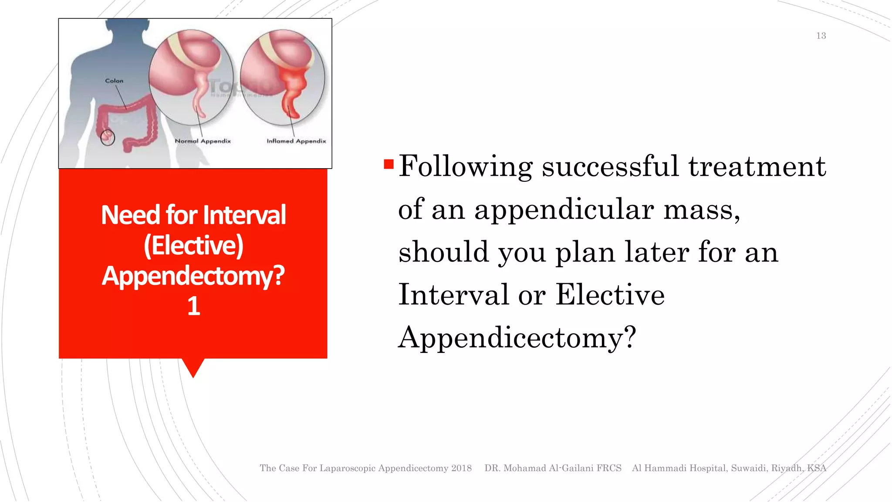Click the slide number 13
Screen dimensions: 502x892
click(x=821, y=36)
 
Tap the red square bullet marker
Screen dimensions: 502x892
click(x=389, y=164)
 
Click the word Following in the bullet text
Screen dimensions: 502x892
click(x=465, y=166)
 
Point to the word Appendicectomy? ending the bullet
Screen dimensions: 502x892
click(x=517, y=338)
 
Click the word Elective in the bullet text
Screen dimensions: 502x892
click(x=610, y=295)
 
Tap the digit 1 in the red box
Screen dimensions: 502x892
click(x=193, y=306)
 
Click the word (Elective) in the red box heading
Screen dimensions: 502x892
click(x=193, y=245)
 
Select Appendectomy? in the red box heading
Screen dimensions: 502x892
click(x=193, y=276)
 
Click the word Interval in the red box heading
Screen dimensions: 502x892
click(x=244, y=215)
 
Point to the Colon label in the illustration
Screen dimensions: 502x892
click(x=114, y=81)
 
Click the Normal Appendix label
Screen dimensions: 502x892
click(x=203, y=141)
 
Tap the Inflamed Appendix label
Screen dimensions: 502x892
click(x=296, y=141)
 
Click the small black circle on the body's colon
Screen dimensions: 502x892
click(x=108, y=138)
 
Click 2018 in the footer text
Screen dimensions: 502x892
click(x=461, y=468)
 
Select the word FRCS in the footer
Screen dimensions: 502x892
click(x=609, y=468)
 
